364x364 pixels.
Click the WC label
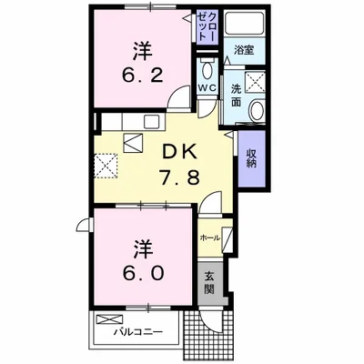tap(207, 88)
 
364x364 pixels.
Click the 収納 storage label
tap(249, 157)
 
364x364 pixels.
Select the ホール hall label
tap(208, 237)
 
